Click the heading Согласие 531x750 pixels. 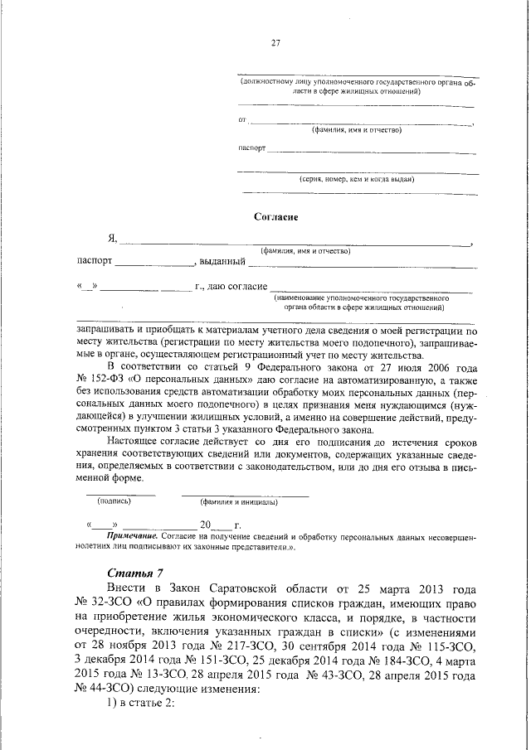tap(275, 216)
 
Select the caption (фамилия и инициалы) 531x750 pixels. tap(238, 502)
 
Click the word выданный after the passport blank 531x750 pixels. tap(222, 263)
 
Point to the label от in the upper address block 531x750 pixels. tap(243, 121)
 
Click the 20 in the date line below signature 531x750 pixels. tap(206, 525)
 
